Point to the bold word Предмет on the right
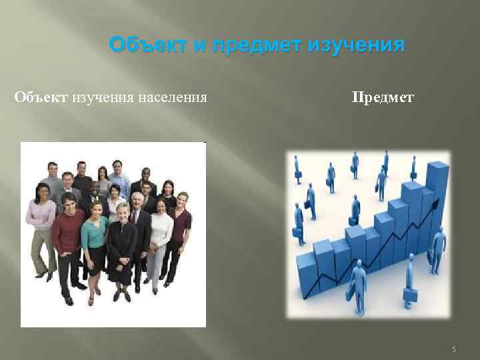[x=383, y=98]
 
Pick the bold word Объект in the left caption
[x=41, y=98]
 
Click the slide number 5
[x=453, y=349]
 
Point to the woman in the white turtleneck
[x=160, y=240]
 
